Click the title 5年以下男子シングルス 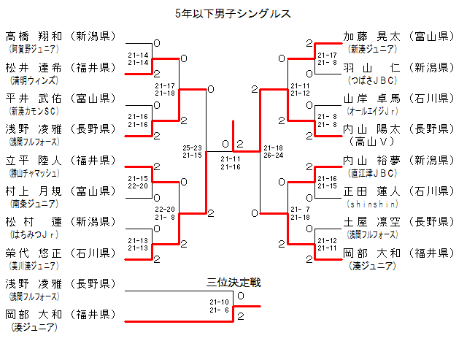click(x=233, y=12)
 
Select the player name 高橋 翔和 click(x=34, y=36)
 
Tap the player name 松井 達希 click(x=34, y=67)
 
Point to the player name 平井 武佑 click(x=34, y=98)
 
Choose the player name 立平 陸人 click(x=34, y=160)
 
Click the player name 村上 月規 click(x=34, y=191)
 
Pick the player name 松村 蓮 click(x=34, y=222)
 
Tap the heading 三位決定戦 click(x=233, y=283)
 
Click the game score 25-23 click(x=193, y=148)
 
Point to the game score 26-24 click(x=274, y=155)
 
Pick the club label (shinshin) click(x=372, y=204)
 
